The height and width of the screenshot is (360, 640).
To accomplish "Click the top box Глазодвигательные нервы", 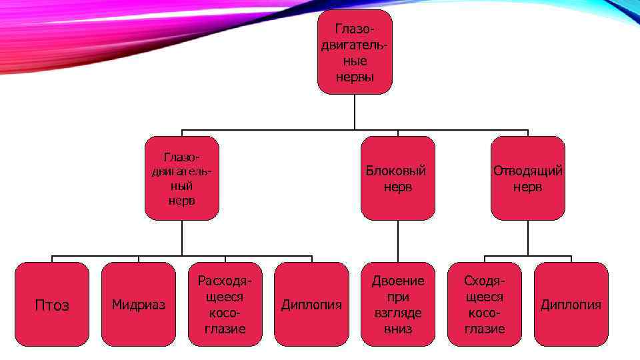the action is [x=354, y=51].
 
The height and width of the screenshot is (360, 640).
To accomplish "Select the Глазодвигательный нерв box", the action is [x=182, y=178].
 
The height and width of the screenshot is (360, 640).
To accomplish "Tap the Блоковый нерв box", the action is [x=397, y=178].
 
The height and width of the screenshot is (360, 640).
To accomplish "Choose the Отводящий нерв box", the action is [x=527, y=178].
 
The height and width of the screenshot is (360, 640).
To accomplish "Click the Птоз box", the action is [x=52, y=304].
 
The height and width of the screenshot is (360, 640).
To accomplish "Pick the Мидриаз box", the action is [x=139, y=304].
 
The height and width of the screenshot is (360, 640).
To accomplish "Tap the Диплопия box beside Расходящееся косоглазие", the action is [x=311, y=304].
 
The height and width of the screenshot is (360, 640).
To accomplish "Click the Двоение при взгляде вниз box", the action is [x=397, y=304].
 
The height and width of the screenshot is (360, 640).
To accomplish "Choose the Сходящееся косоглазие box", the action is [x=484, y=304].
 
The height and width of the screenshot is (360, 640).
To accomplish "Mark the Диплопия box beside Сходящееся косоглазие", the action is [x=571, y=304].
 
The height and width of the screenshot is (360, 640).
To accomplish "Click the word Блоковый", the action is [x=397, y=171].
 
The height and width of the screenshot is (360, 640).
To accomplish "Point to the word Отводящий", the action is [x=527, y=171].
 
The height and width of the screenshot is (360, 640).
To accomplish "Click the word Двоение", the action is [x=397, y=281].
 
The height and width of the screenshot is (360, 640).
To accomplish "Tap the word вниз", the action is [x=397, y=329].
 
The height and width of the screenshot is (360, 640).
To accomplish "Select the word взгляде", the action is [x=397, y=313].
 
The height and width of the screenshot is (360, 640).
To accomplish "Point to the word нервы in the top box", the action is [x=354, y=77].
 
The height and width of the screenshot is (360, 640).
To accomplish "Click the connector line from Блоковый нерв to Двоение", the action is [x=398, y=241].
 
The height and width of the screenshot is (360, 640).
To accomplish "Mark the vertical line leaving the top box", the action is [x=355, y=111].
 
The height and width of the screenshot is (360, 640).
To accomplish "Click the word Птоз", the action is [x=52, y=305].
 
